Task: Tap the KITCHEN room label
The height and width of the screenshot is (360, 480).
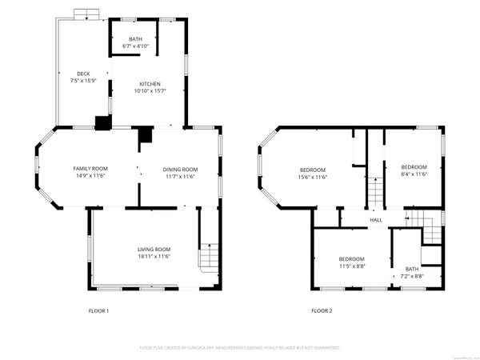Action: coord(150,84)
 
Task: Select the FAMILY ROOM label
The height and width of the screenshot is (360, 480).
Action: coord(90,168)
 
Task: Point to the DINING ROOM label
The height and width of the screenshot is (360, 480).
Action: coord(180,169)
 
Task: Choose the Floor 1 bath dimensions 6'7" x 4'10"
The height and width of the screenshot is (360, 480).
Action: coord(136,47)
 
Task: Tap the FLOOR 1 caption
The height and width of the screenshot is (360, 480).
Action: coord(98,310)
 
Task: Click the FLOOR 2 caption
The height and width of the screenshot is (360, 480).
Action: coord(322,310)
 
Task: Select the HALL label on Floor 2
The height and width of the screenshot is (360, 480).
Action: coord(375,220)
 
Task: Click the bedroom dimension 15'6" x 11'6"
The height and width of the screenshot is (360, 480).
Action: coord(313,177)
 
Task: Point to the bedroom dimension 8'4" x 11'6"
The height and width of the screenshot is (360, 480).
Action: coord(414,174)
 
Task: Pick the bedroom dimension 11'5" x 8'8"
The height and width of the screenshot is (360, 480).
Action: coord(351,266)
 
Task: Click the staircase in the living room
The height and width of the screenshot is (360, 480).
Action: coord(207,257)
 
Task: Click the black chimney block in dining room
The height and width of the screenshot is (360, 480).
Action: coord(145,136)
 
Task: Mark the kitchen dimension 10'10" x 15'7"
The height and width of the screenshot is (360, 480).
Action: coord(150,91)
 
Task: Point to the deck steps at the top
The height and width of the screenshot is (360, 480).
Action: coord(84,14)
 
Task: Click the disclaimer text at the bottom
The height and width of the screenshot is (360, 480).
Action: coord(240,348)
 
